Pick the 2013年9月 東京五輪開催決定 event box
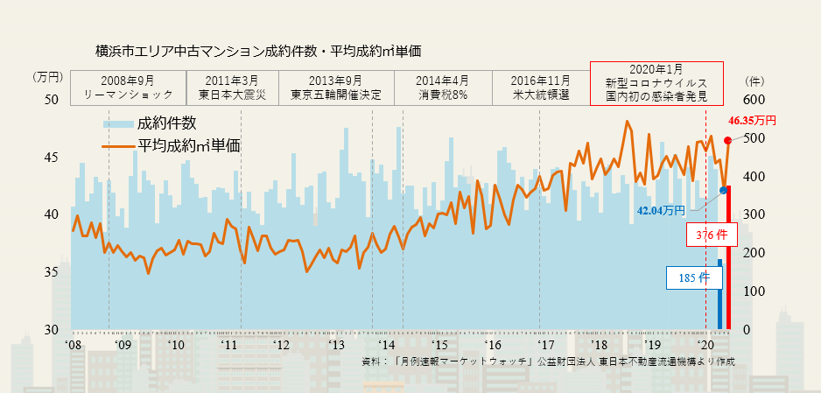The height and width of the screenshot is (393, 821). point(337,87)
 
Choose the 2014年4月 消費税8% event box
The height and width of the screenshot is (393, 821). point(443,87)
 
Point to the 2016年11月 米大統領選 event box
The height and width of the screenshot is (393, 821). point(541,87)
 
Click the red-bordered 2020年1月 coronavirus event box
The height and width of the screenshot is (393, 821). point(656,82)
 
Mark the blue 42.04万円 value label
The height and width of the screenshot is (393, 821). point(662,210)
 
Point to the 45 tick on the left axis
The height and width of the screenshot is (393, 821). point(52,158)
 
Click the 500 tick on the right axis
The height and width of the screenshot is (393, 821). point(754,138)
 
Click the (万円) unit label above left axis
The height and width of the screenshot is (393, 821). point(48,77)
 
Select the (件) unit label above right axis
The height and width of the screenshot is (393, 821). point(754,77)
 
